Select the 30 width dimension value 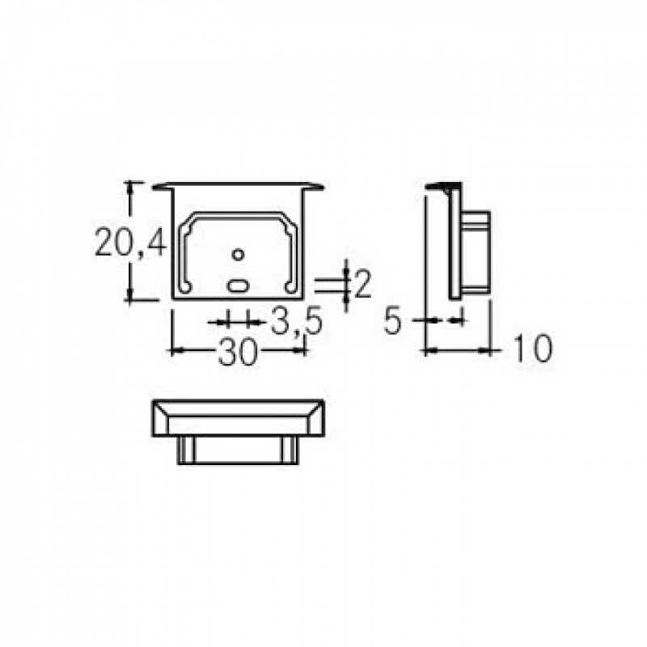pyautogui.click(x=237, y=352)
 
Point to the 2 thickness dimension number pyautogui.click(x=363, y=284)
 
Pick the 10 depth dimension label pyautogui.click(x=532, y=349)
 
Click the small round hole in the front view pyautogui.click(x=238, y=255)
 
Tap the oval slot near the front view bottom pyautogui.click(x=238, y=285)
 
